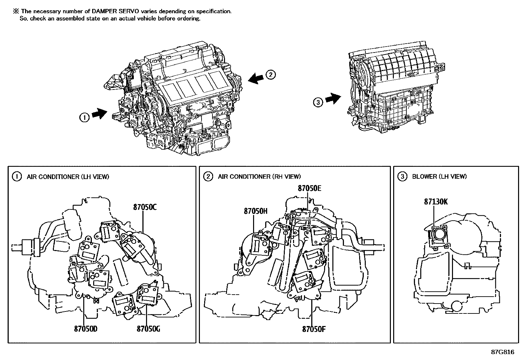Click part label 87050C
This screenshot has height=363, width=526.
tap(145, 207)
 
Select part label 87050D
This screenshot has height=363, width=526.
tap(86, 329)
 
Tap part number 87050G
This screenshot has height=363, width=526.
tap(148, 329)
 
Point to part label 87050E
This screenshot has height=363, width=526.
tap(310, 188)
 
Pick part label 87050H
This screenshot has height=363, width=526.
tap(255, 211)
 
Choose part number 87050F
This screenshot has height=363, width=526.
tap(314, 329)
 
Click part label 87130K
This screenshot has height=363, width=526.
tap(436, 202)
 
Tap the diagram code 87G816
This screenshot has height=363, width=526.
tap(503, 352)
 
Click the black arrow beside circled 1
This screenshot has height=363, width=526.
tap(99, 114)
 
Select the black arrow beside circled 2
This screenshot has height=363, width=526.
tap(256, 78)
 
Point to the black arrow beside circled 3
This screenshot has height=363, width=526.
tap(333, 98)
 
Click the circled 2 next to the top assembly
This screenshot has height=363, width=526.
tap(271, 75)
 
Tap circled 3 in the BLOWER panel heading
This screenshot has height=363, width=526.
tap(402, 176)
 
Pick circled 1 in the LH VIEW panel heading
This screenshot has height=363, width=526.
tap(17, 177)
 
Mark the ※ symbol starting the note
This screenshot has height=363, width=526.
tap(16, 11)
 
